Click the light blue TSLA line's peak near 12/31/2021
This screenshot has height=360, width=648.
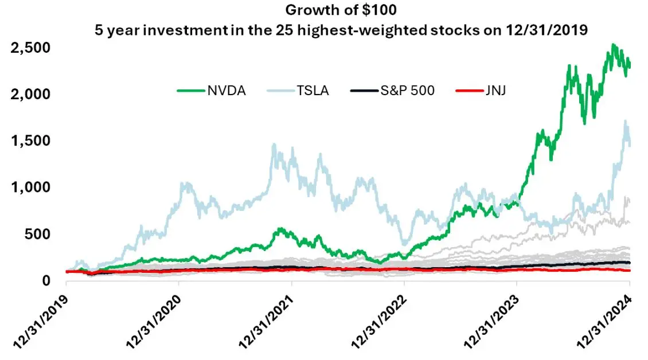[274, 144]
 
